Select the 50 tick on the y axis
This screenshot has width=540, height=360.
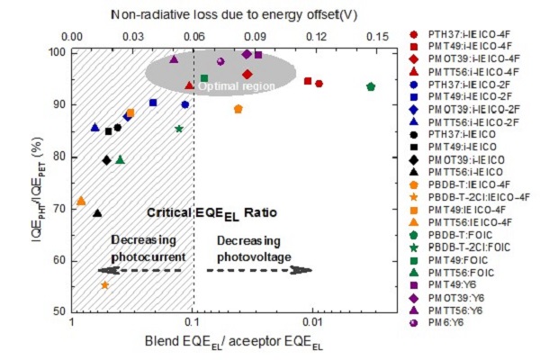[x=56, y=311]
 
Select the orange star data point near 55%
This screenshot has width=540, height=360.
[x=105, y=284]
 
